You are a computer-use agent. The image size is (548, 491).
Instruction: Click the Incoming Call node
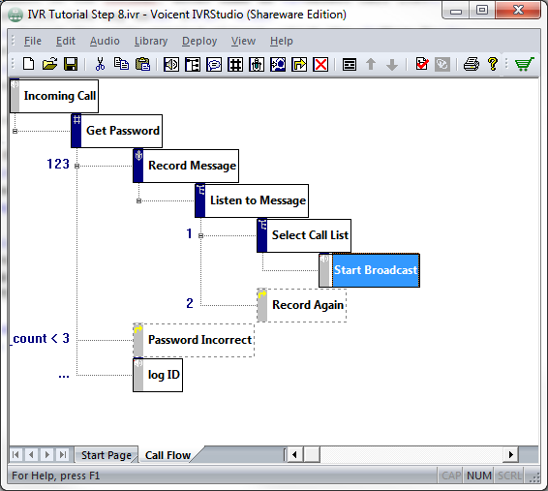point(54,96)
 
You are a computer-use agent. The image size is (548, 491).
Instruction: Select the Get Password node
point(117,131)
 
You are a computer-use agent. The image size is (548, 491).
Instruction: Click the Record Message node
point(186,166)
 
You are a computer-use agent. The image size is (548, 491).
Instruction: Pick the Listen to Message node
point(252,200)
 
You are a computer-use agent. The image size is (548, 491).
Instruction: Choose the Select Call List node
point(304,235)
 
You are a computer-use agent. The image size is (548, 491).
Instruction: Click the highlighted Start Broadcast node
point(370,270)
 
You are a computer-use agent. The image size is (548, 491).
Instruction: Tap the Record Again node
point(302,305)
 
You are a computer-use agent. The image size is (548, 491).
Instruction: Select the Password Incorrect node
point(194,340)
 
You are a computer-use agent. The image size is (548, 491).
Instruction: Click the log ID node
point(158,375)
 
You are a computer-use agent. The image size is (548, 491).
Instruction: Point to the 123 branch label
point(58,164)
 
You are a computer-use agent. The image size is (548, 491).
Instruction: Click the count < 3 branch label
point(40,338)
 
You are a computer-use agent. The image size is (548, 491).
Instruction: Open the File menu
point(33,41)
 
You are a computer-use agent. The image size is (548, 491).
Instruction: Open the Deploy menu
point(199,41)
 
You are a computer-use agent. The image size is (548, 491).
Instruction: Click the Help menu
point(282,41)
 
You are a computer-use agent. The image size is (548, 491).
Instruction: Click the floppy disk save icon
point(71,64)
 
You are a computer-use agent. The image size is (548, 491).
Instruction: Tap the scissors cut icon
point(100,64)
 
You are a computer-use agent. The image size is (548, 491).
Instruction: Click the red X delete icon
point(320,65)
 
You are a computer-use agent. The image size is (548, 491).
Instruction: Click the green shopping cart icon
point(524,64)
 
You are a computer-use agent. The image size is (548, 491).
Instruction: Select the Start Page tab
point(106,455)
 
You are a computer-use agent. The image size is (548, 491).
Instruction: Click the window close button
point(518,10)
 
